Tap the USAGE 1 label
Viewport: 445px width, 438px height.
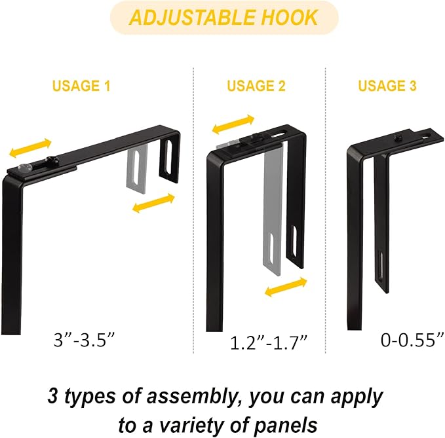pos(82,86)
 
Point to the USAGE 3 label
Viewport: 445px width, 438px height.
pos(387,86)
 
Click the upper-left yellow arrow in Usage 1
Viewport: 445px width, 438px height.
pos(29,148)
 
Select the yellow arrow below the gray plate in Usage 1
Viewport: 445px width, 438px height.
pos(153,203)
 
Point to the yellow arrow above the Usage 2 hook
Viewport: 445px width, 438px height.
pos(234,124)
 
